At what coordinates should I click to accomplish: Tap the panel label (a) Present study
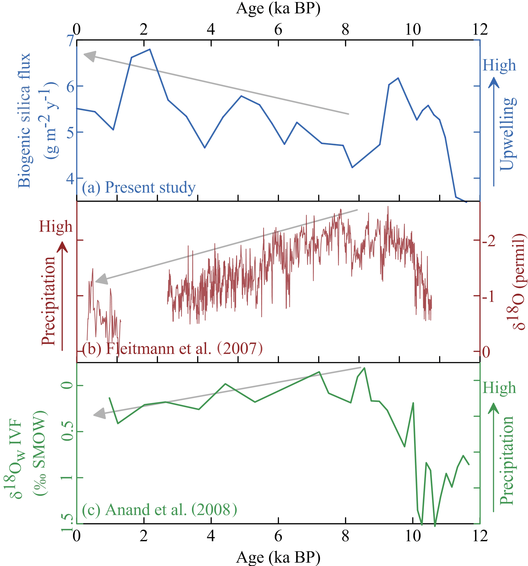click(139, 188)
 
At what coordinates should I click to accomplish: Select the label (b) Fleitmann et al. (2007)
click(172, 348)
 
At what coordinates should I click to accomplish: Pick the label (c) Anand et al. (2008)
click(160, 510)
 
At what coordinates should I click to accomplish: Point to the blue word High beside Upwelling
click(499, 66)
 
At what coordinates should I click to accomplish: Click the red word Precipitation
click(48, 301)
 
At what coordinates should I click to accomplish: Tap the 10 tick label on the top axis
click(413, 29)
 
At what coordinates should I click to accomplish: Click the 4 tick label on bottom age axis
click(211, 536)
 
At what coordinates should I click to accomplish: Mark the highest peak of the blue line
click(150, 49)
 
